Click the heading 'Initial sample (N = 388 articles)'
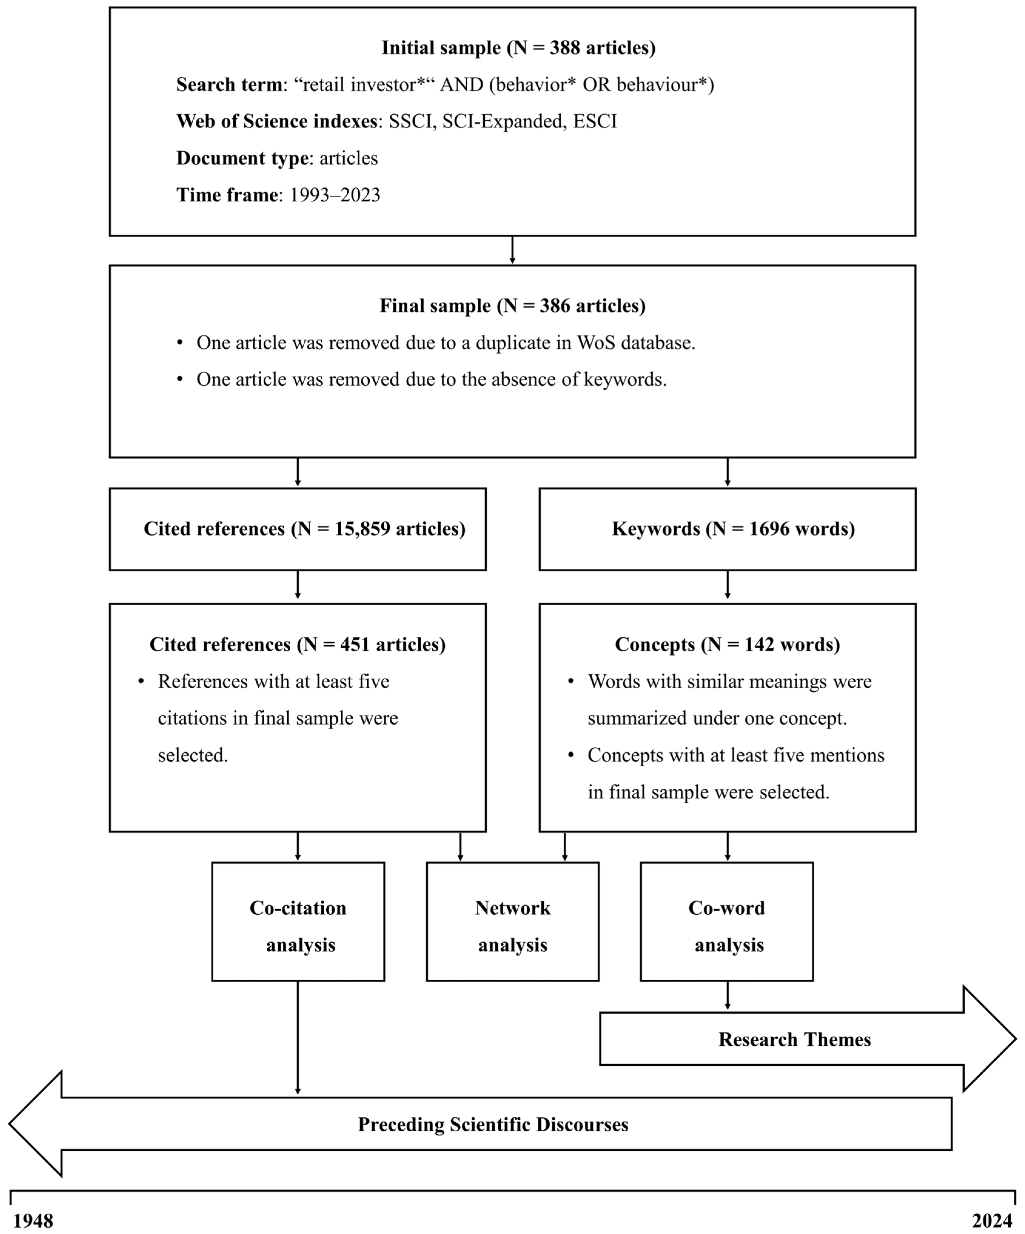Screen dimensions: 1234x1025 click(x=518, y=48)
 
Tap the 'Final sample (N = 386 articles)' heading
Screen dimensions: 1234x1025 click(x=512, y=306)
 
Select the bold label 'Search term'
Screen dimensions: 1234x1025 click(x=229, y=85)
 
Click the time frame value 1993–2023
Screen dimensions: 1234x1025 click(x=335, y=195)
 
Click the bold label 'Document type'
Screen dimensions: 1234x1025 click(x=242, y=158)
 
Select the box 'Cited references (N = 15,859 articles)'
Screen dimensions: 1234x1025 click(x=298, y=529)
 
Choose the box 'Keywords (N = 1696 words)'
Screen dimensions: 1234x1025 click(x=727, y=529)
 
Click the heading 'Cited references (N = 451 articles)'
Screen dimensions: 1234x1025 click(x=298, y=645)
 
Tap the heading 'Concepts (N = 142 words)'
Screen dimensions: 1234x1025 click(x=727, y=645)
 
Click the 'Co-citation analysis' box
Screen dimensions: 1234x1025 click(x=298, y=927)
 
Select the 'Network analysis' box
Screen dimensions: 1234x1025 click(x=512, y=927)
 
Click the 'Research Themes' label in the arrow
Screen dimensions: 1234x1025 click(x=794, y=1039)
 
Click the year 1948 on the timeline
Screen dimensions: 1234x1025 click(x=33, y=1221)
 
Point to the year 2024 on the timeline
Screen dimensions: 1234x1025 click(x=992, y=1221)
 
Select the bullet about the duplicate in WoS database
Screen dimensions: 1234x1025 click(x=445, y=343)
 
